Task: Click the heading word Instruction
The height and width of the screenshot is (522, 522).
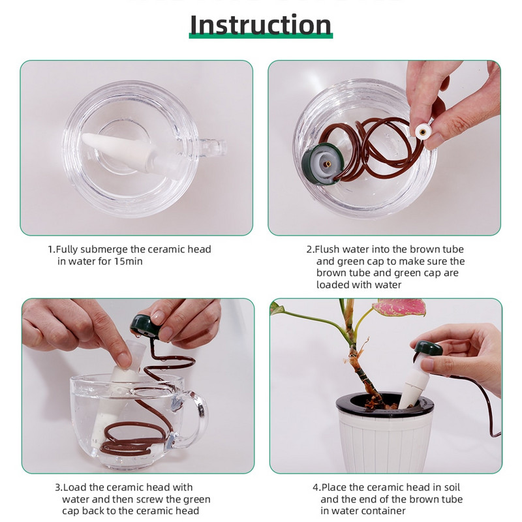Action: (x=260, y=24)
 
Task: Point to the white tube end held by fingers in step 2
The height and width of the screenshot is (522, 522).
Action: (x=423, y=132)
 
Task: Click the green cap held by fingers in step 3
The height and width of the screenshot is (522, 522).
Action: (x=147, y=326)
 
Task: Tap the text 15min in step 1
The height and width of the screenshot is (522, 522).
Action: (x=128, y=262)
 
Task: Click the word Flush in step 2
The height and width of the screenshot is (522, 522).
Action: (x=327, y=249)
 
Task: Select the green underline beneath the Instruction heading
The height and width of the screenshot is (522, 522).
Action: (x=260, y=36)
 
